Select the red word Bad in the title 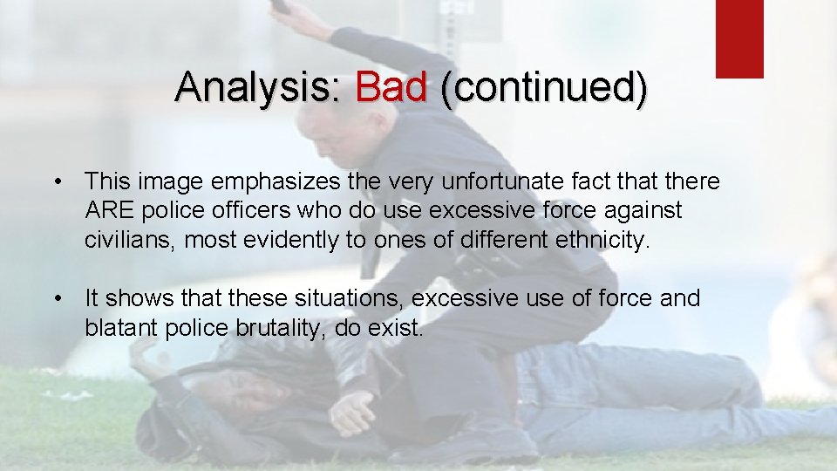(x=391, y=88)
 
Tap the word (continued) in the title (x=544, y=88)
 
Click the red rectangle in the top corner (x=739, y=38)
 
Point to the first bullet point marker (x=57, y=182)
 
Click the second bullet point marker (x=57, y=299)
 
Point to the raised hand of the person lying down (x=144, y=353)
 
